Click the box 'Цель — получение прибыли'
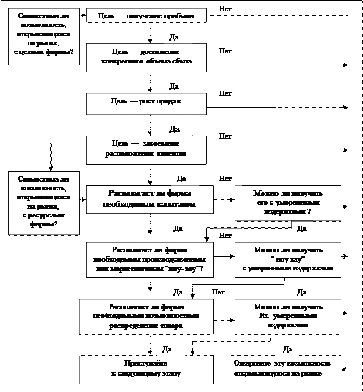[x=147, y=16]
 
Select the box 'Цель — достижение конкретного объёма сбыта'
[x=147, y=57]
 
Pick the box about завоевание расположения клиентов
[x=147, y=149]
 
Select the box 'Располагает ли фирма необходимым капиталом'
[x=150, y=199]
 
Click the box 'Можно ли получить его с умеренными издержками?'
[x=287, y=202]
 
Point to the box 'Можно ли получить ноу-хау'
[x=287, y=259]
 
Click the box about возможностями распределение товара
[x=146, y=317]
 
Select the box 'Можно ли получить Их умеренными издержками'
[x=287, y=316]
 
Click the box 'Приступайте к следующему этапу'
[x=146, y=369]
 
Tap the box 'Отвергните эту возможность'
[x=286, y=369]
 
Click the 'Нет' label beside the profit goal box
[x=225, y=9]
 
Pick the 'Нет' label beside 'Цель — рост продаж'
[x=225, y=93]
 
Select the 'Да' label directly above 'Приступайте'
[x=167, y=349]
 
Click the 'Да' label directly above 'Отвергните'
[x=287, y=349]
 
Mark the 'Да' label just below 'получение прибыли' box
[x=174, y=37]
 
